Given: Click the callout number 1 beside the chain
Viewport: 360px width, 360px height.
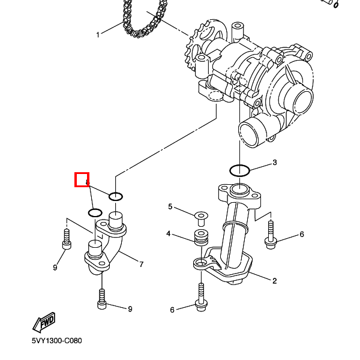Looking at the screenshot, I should [x=98, y=34].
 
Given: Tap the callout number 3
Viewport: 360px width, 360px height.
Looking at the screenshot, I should [x=274, y=163].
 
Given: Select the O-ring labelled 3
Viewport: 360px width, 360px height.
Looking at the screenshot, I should [x=240, y=170].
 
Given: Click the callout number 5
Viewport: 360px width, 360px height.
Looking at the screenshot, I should [x=170, y=207].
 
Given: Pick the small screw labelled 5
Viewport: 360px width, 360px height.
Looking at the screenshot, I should [x=200, y=215].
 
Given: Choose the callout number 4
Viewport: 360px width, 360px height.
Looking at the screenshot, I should [x=169, y=233].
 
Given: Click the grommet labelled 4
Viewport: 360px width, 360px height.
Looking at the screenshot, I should [x=200, y=237].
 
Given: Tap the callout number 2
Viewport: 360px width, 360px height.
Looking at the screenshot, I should [x=274, y=280].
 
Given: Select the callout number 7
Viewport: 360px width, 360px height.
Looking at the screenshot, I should [x=141, y=264].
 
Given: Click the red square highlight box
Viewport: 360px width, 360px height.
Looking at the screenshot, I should [x=82, y=179].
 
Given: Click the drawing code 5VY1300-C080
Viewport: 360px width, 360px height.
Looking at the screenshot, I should [x=57, y=341].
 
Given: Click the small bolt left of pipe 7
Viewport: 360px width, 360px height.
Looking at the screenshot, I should [x=66, y=238].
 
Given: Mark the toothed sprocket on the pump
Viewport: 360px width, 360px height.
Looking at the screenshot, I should [x=199, y=52].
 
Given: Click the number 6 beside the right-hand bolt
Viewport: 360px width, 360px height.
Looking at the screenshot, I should [x=302, y=234].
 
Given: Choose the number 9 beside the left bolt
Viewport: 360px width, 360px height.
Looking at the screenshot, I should [x=55, y=268].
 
